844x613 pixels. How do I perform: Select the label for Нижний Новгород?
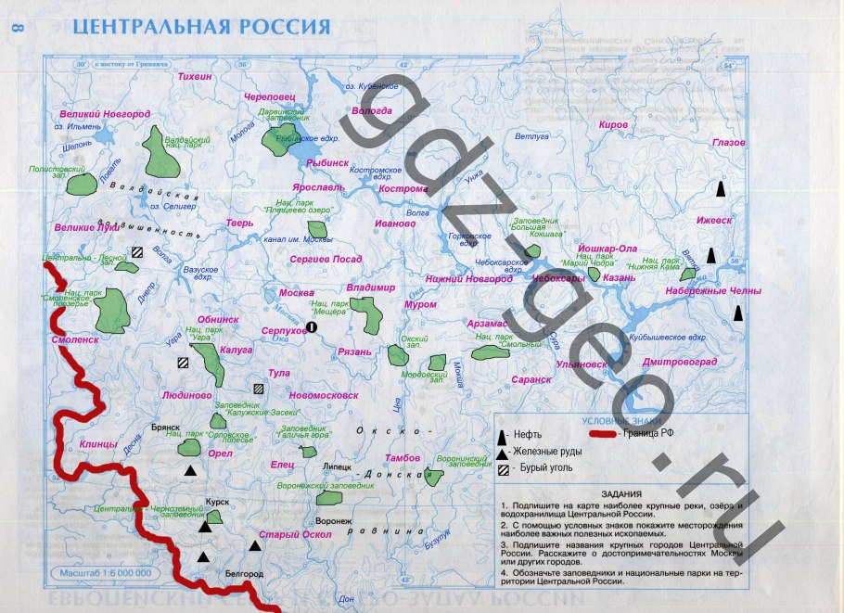[469, 278]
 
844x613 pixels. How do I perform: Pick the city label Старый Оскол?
[295, 534]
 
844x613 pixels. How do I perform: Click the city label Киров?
[614, 123]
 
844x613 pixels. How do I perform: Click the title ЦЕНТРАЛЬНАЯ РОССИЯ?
[201, 26]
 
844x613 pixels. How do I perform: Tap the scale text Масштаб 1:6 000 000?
[104, 572]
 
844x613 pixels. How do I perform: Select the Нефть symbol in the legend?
[503, 435]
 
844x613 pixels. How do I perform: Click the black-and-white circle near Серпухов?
[312, 327]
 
